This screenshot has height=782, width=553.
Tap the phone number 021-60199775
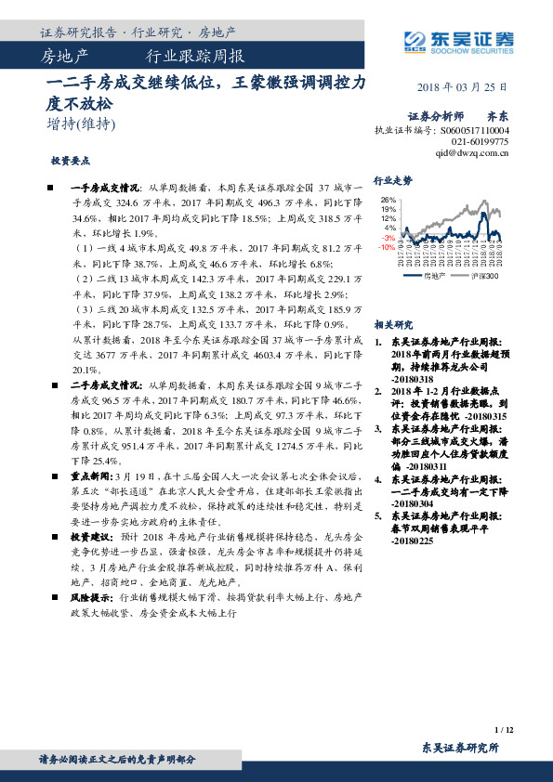click(482, 142)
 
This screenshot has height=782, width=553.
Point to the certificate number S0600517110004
click(468, 131)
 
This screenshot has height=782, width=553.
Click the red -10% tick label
click(387, 247)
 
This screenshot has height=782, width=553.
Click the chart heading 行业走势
click(392, 180)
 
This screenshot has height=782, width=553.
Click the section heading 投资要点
click(71, 160)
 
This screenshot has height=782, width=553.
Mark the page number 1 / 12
click(504, 731)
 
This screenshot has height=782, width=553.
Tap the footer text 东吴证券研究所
click(460, 748)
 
